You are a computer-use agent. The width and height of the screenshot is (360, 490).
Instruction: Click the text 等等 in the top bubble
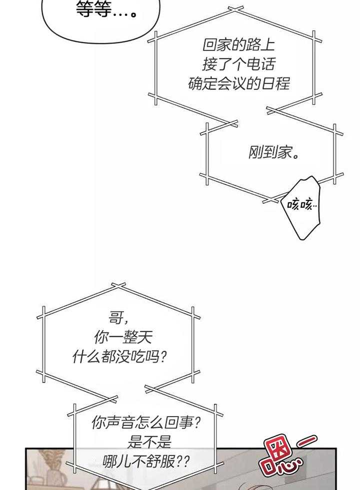click(93, 9)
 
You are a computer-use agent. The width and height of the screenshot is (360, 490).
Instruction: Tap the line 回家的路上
click(238, 45)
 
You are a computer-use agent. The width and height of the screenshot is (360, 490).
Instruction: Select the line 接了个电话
click(238, 64)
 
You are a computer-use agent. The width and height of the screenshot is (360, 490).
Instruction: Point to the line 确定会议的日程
click(238, 83)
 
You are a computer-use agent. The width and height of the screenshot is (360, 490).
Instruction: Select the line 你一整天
click(122, 338)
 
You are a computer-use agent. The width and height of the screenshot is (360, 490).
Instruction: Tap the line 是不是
click(149, 442)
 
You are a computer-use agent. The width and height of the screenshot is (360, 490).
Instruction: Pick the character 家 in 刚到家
click(285, 152)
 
